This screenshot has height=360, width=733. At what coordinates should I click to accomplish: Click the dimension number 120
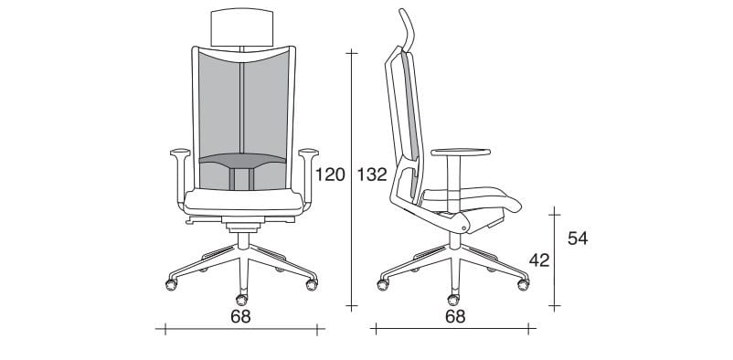click(x=330, y=175)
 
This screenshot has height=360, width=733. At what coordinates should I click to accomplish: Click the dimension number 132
click(x=372, y=175)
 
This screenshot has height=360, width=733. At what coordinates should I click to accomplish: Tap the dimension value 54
click(x=578, y=238)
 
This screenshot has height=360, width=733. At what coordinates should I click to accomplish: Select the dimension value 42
click(x=539, y=260)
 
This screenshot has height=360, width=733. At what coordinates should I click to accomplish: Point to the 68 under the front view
click(x=240, y=316)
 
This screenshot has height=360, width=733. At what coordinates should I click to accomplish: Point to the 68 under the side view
click(x=455, y=316)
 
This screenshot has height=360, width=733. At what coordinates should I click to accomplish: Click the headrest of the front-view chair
click(x=242, y=27)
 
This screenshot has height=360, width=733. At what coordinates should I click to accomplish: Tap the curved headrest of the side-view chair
click(x=408, y=29)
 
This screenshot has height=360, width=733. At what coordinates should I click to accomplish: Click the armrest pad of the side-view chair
click(x=461, y=152)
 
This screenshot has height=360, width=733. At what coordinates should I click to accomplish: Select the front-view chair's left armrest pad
click(x=180, y=152)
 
